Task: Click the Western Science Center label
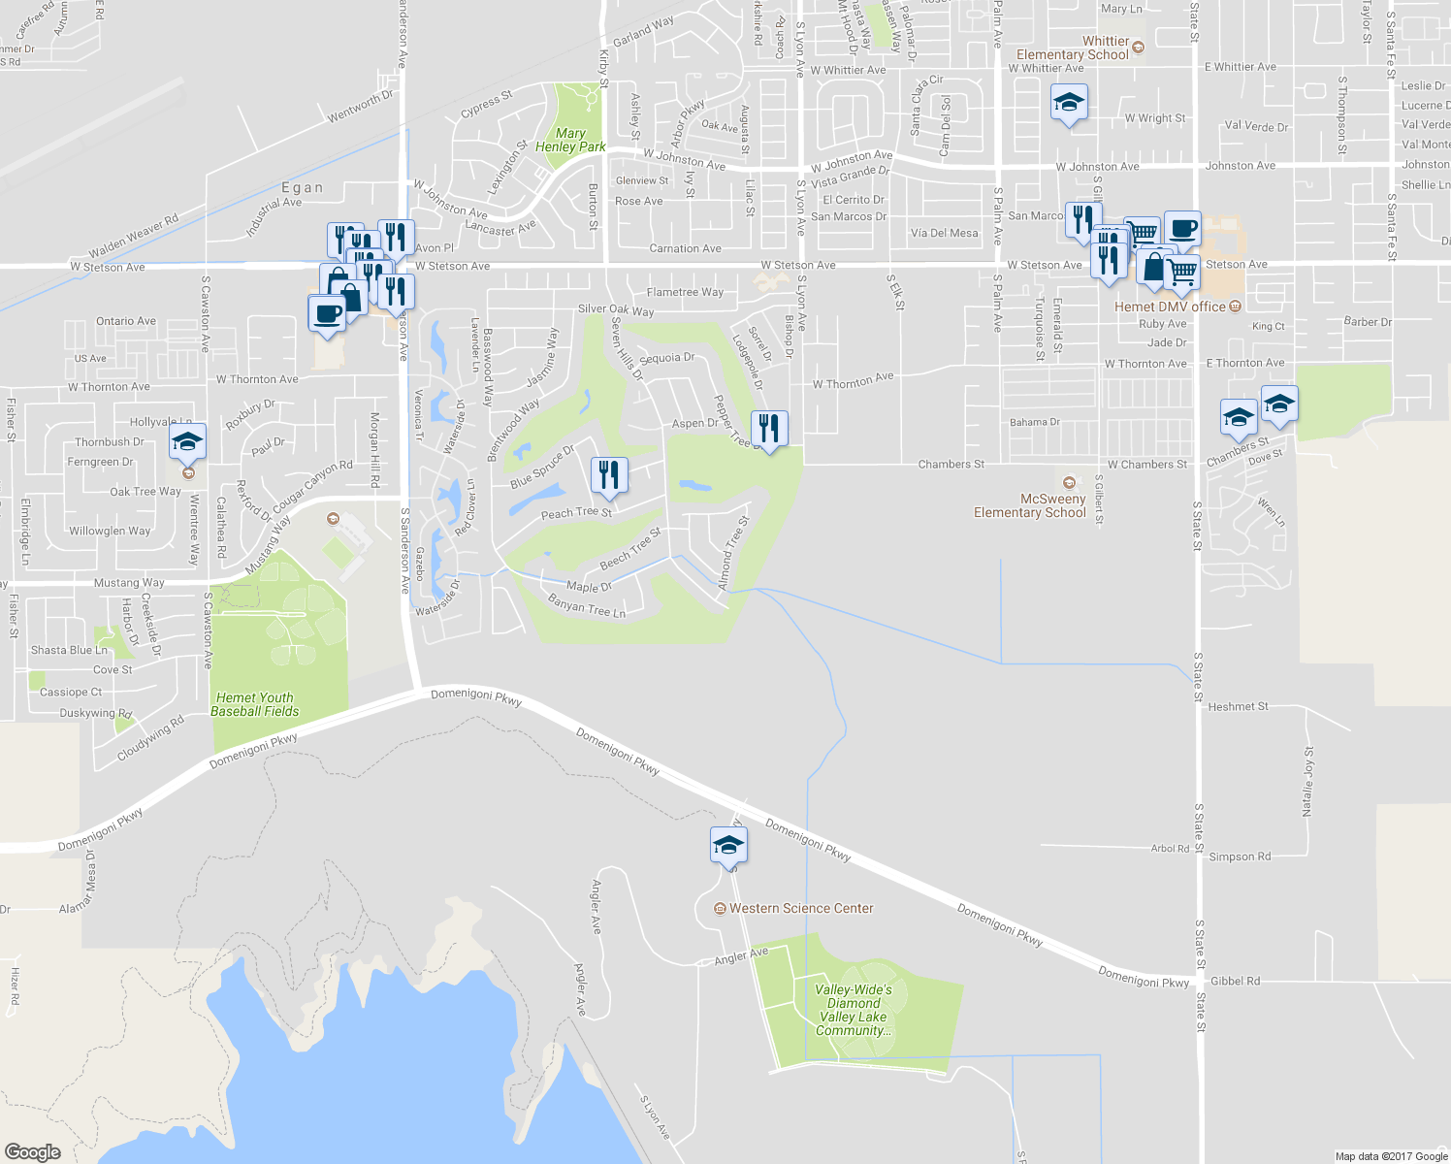coord(800,909)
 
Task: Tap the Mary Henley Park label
coord(570,140)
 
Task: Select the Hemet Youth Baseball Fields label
coord(255,704)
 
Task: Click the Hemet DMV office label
coord(1170,307)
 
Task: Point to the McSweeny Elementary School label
coord(1030,505)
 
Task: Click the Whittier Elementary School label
coord(1073,48)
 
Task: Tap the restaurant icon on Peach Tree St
coord(609,475)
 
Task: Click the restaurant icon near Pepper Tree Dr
coord(769,428)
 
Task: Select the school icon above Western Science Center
coord(728,845)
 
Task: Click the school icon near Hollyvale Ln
coord(187,443)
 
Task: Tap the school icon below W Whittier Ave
coord(1068,102)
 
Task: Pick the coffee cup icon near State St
coord(1182,229)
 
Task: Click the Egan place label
coord(302,188)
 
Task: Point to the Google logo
coord(32,1151)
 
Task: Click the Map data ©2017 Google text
coord(1391,1156)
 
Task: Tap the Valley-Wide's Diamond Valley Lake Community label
coord(854,1010)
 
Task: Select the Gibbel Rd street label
coord(1235,981)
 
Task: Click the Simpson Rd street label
coord(1240,857)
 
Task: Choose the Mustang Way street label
coord(129,583)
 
